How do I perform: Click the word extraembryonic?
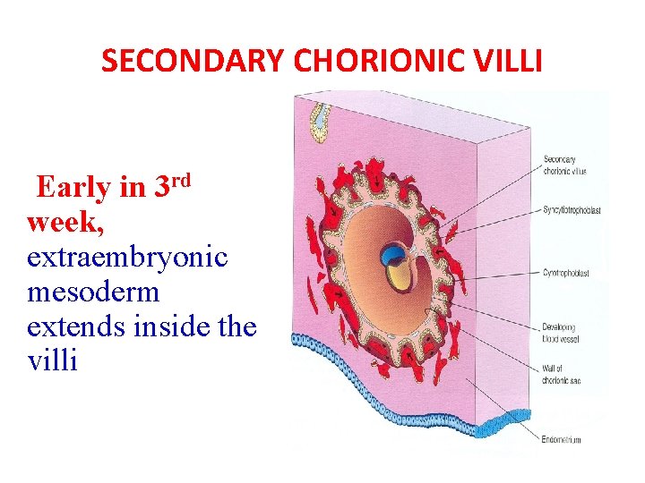[x=127, y=258]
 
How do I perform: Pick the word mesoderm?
[x=93, y=292]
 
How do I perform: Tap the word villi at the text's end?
[x=52, y=361]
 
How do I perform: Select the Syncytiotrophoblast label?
[x=571, y=210]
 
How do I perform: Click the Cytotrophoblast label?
[x=565, y=272]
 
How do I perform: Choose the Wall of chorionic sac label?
[x=561, y=375]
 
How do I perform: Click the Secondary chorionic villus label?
[x=564, y=165]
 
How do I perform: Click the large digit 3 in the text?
[x=164, y=187]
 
